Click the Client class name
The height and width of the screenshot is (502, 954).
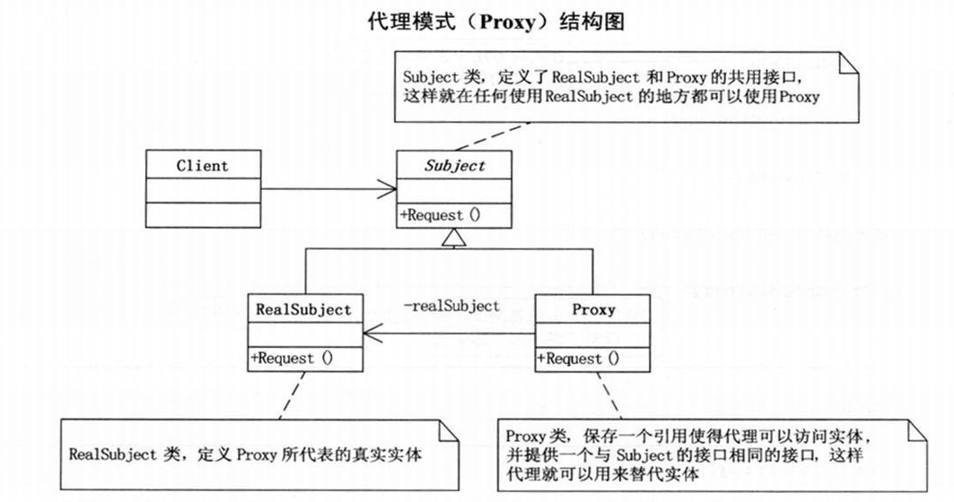(x=202, y=166)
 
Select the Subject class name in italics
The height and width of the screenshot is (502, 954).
(x=454, y=166)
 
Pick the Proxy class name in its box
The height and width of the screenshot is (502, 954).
(x=593, y=310)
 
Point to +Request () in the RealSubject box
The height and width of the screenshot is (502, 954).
(x=293, y=358)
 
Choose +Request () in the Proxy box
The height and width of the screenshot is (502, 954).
(x=578, y=359)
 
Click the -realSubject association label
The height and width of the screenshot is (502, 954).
(x=451, y=306)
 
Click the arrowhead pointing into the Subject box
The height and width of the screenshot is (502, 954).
(x=389, y=188)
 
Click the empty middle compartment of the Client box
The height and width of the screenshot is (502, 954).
(x=202, y=189)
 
